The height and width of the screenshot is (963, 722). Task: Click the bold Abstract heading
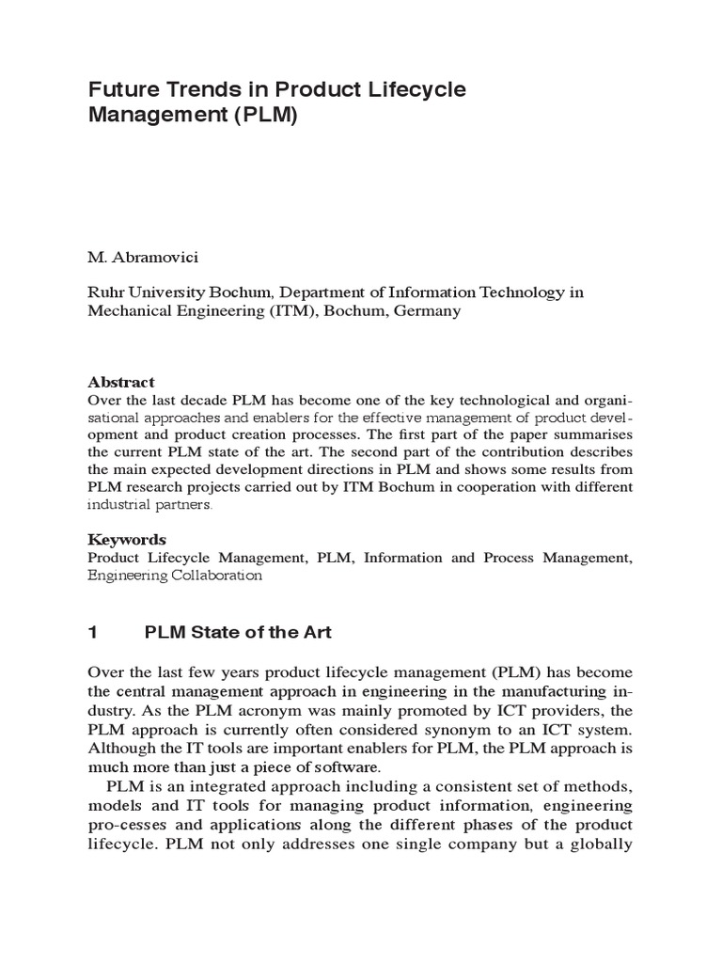click(x=120, y=383)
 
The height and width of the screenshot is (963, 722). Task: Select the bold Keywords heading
click(x=127, y=540)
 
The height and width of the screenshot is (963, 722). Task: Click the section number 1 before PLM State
click(x=92, y=633)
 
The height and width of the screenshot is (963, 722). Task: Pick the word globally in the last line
click(x=600, y=844)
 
